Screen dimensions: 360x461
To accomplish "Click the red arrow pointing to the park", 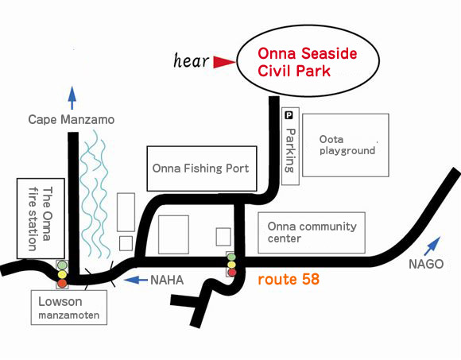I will point(224,61).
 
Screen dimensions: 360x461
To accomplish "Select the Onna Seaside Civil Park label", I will point(307,61).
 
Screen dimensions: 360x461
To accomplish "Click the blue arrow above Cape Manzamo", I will point(72,97).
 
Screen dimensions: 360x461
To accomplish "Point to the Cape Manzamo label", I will point(72,119).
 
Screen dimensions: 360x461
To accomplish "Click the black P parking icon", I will point(289,115).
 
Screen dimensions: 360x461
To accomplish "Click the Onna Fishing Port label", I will point(200,168).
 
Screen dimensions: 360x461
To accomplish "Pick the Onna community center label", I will point(311,232).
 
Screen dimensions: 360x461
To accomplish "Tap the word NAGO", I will point(426,265).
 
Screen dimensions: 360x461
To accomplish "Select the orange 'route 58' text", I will point(289,280).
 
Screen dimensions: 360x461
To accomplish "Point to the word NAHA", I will point(168,280).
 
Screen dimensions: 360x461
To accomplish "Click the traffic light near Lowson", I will point(61,273).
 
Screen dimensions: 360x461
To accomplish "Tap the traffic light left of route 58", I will point(231,265).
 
